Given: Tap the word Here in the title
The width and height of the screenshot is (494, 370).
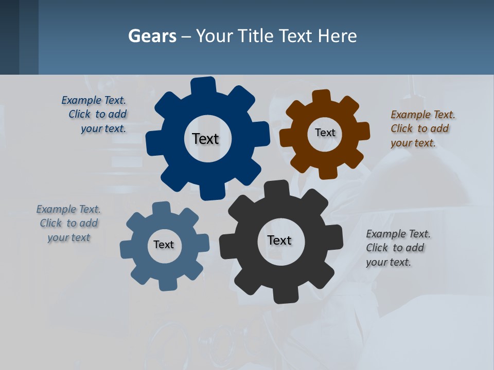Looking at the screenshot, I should click(337, 36).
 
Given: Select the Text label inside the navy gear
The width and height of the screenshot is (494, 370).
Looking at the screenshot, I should click(205, 139).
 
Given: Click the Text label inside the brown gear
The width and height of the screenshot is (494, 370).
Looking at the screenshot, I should click(325, 133).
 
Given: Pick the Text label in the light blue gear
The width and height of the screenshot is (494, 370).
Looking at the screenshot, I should click(164, 245).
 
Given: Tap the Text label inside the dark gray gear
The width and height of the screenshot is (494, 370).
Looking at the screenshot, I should click(279, 240).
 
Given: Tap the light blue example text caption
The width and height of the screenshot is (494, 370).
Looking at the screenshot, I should click(68, 223).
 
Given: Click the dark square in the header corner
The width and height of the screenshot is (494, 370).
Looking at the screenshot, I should click(9, 37).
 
